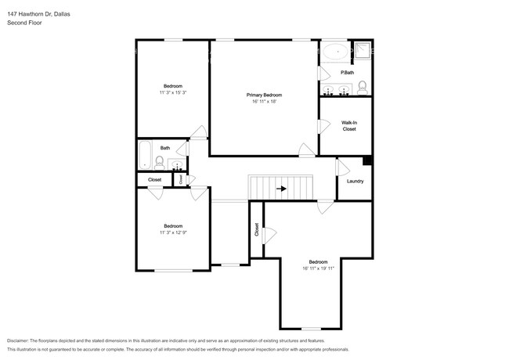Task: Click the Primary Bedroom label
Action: click(x=264, y=95)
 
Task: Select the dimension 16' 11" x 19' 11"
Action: click(x=318, y=268)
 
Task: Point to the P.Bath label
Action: click(x=347, y=73)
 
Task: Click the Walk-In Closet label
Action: click(x=349, y=126)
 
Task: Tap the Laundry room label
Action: click(x=355, y=182)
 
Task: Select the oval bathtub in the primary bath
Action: click(x=337, y=52)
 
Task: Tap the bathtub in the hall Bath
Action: click(x=145, y=155)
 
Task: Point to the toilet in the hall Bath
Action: click(x=160, y=163)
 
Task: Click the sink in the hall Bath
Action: click(x=177, y=165)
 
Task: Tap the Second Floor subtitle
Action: click(x=24, y=23)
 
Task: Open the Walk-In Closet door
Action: click(x=323, y=127)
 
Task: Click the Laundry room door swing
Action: click(x=341, y=167)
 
